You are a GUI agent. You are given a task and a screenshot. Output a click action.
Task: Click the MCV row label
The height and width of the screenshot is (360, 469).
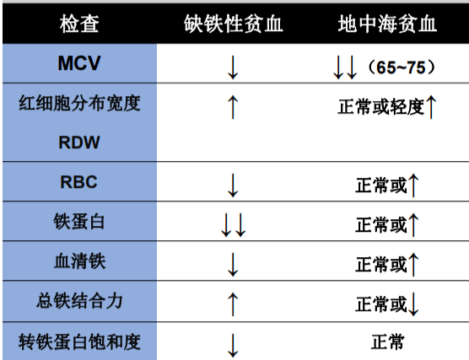click(x=79, y=63)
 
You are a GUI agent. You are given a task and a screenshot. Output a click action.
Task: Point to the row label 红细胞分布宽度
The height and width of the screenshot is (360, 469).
click(x=79, y=105)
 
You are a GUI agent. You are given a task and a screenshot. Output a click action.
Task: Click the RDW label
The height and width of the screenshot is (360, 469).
click(x=79, y=142)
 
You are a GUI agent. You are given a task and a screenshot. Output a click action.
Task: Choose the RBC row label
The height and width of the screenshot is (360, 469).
click(x=79, y=180)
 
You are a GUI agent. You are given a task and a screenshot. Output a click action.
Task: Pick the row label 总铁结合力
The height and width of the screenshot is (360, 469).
click(x=79, y=301)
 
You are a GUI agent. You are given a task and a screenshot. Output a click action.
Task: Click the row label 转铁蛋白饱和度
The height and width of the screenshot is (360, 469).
click(x=79, y=341)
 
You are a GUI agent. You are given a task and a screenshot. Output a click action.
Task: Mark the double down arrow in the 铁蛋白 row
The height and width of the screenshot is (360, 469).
click(x=233, y=224)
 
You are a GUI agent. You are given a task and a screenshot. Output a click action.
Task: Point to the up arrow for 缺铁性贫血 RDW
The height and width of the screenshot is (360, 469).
click(x=234, y=106)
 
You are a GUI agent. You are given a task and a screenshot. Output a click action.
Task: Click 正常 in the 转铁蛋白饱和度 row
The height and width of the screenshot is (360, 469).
click(x=387, y=341)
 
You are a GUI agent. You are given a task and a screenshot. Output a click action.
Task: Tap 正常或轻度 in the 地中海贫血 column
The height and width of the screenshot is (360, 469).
click(x=380, y=107)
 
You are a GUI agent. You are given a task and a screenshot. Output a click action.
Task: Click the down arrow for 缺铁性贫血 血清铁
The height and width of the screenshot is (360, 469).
click(x=234, y=264)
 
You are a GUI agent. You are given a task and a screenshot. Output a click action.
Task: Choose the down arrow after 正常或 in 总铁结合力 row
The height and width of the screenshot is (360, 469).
click(x=414, y=304)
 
